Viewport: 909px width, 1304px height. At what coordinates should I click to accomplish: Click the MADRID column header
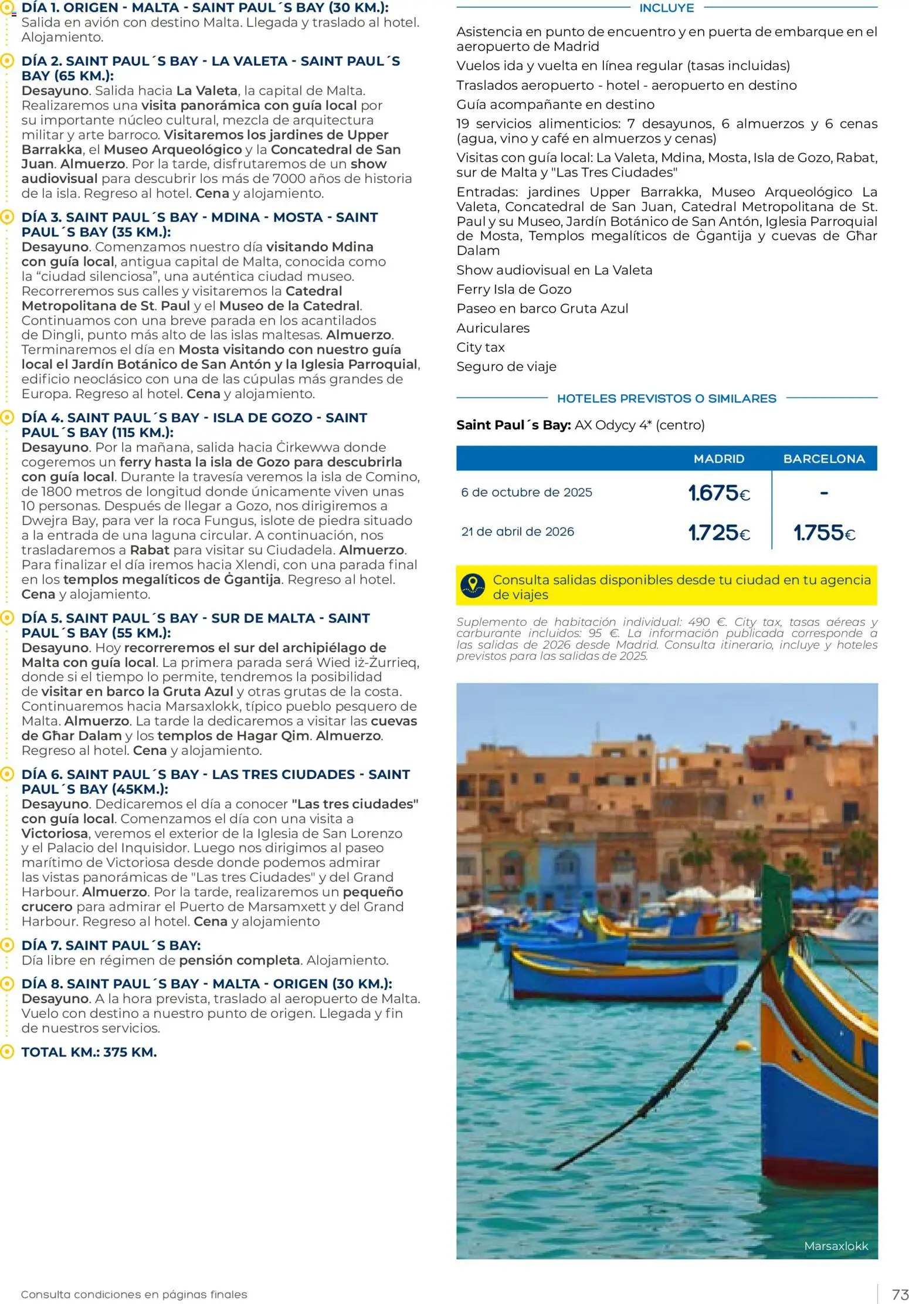[x=718, y=459]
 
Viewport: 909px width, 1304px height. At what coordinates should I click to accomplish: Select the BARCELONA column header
[x=824, y=459]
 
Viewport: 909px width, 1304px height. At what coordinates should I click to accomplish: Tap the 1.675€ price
[x=719, y=493]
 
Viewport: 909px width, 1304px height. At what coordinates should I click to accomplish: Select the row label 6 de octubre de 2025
[x=527, y=493]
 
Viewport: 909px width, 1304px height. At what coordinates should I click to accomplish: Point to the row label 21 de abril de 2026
[x=518, y=532]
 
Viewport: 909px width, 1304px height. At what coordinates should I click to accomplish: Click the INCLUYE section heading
[x=667, y=8]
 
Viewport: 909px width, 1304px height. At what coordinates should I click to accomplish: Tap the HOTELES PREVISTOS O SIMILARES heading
[x=667, y=399]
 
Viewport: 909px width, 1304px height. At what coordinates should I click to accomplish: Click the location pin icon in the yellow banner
[x=473, y=585]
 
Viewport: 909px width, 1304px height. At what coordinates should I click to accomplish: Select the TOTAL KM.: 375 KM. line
[x=89, y=1052]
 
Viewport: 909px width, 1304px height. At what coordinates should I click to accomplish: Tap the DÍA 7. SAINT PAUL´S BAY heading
[x=111, y=946]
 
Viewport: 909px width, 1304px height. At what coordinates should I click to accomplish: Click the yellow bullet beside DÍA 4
[x=7, y=418]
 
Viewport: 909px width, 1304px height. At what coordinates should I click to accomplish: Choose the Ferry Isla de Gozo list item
[x=514, y=289]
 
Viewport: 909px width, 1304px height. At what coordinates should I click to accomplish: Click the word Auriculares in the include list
[x=493, y=328]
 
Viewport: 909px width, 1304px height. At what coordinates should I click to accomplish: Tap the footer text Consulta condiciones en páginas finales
[x=134, y=1295]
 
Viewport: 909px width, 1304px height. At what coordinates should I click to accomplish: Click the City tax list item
[x=480, y=347]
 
